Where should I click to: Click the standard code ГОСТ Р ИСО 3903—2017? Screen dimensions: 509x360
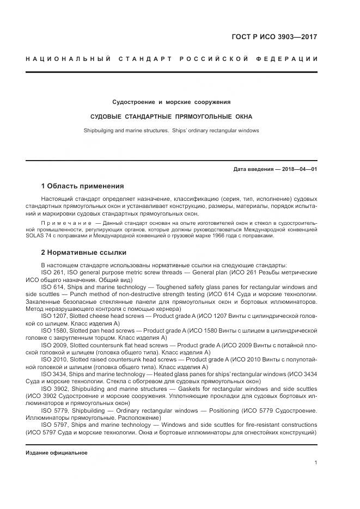[274, 37]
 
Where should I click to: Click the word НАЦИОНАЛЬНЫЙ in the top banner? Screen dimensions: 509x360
[68, 59]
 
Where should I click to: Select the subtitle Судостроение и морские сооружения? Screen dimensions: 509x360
[172, 102]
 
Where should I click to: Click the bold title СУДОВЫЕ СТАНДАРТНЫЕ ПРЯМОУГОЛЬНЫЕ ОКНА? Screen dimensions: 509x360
[172, 116]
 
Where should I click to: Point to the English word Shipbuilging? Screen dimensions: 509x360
[100, 131]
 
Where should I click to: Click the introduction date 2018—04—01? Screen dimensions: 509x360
[298, 169]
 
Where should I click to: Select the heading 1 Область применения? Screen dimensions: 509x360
[82, 186]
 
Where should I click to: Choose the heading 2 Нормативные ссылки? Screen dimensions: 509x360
[83, 253]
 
